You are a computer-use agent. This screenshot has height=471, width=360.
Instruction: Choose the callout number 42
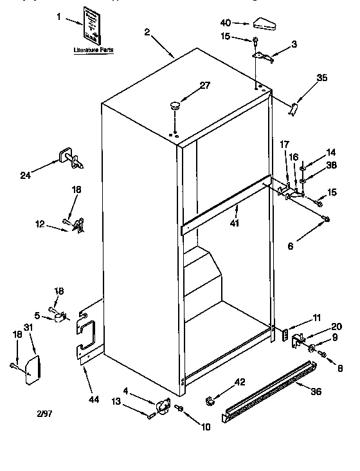pyautogui.click(x=240, y=382)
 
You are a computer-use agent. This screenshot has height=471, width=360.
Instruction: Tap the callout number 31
pyautogui.click(x=28, y=328)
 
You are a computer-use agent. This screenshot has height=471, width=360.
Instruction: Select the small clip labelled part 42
pyautogui.click(x=210, y=402)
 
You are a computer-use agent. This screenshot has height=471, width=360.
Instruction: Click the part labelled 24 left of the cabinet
pyautogui.click(x=69, y=158)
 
